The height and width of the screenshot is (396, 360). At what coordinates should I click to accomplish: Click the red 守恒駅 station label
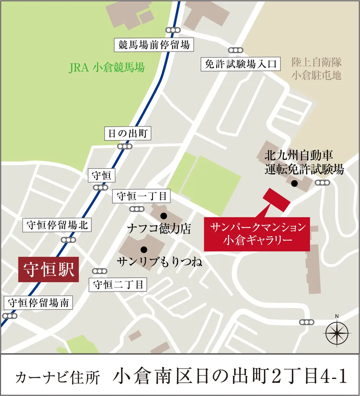[48, 270]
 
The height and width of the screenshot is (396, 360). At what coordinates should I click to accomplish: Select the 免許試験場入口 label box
[241, 64]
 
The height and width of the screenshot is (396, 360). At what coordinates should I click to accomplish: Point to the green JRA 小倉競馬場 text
[107, 68]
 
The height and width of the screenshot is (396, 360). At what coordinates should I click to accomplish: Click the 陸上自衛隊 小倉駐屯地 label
[316, 68]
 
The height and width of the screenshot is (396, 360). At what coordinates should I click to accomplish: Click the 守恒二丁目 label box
[118, 284]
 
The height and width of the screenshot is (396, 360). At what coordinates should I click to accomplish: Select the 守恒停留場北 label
[57, 226]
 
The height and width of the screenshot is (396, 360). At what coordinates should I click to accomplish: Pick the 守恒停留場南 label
[38, 303]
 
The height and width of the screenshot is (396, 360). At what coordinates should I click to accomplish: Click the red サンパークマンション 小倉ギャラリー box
[257, 234]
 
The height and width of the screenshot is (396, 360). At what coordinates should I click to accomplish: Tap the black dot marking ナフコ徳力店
[163, 216]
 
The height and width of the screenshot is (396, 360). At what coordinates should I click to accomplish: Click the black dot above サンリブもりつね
[143, 249]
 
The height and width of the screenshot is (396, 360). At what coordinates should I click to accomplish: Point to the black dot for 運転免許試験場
[294, 183]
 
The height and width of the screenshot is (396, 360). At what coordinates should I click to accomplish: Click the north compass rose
[337, 332]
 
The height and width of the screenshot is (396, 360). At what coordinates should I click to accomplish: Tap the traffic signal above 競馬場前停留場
[173, 31]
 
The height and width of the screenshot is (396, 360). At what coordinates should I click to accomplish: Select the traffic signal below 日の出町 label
[125, 146]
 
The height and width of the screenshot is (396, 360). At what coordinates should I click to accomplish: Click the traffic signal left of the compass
[306, 322]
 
